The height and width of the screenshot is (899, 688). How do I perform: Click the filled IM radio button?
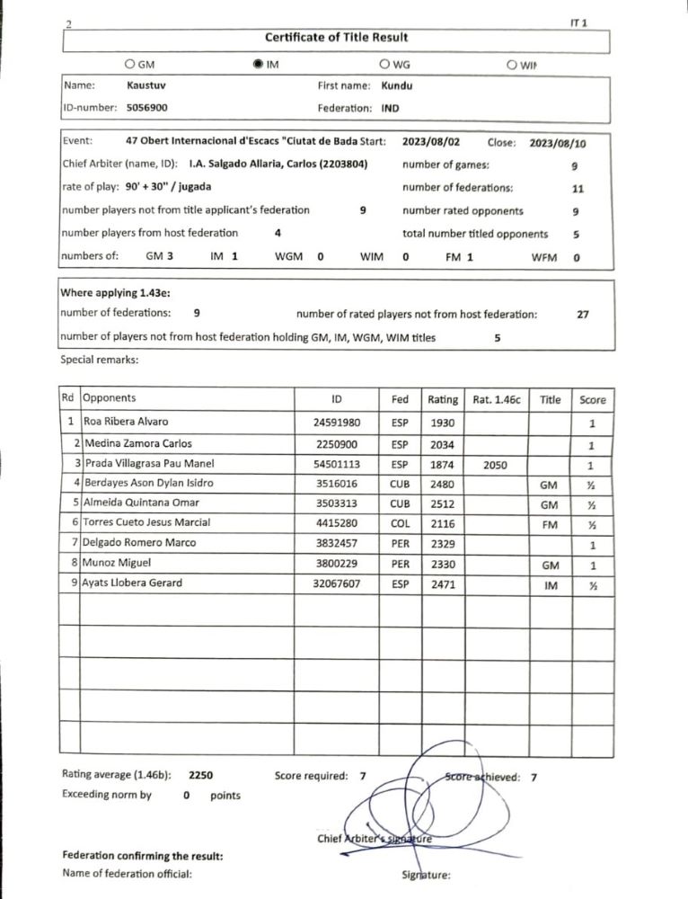tap(260, 65)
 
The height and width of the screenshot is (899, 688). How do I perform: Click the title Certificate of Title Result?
tap(337, 37)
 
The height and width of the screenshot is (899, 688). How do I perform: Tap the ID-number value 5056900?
tap(147, 107)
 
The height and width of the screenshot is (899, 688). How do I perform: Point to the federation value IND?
tap(390, 107)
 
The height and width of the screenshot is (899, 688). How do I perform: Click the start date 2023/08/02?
tap(431, 142)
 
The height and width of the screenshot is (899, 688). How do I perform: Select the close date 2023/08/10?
tap(558, 143)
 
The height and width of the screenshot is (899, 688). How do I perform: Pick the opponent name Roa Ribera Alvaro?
tap(125, 422)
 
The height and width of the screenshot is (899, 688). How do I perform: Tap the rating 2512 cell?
tap(443, 502)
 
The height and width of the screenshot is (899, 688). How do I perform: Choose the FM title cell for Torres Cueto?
tap(549, 523)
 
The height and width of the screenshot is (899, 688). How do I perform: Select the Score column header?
tap(592, 400)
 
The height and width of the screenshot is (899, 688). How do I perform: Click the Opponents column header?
tap(109, 397)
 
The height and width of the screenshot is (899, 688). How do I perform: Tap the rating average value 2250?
tap(200, 773)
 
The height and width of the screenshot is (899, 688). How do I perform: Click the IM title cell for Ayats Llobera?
tap(549, 583)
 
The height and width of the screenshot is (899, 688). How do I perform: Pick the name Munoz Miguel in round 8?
tap(119, 563)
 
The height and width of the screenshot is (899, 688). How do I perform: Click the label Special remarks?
tap(99, 360)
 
